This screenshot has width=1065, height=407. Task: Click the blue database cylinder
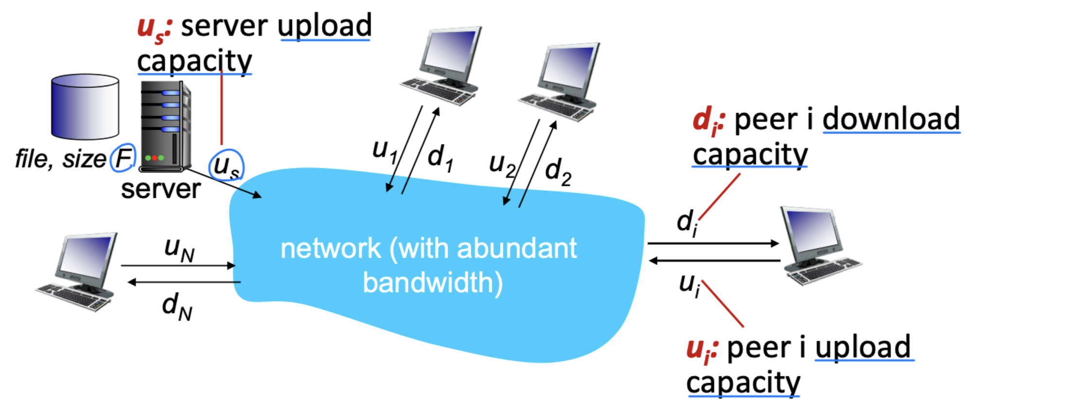85,107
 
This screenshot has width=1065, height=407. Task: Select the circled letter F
123,158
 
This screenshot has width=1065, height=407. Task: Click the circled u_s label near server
226,166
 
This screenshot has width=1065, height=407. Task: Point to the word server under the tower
161,189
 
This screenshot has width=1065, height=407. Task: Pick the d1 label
440,158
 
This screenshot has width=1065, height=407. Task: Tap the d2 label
558,171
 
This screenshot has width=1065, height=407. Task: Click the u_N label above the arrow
179,249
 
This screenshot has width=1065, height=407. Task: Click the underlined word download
891,119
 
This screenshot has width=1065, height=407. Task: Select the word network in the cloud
330,249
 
